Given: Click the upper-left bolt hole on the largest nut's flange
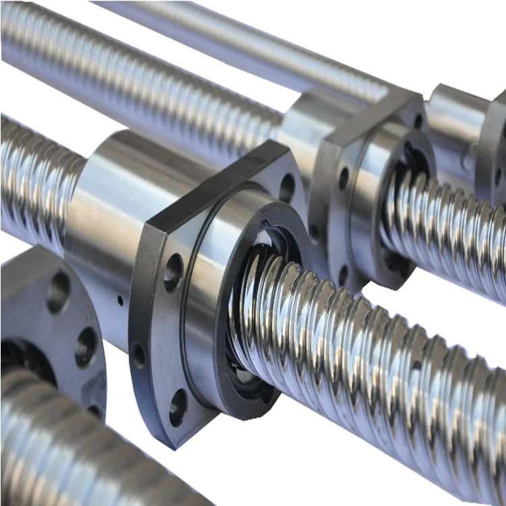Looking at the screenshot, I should [x=173, y=271].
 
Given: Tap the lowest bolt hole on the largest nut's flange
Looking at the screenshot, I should [x=178, y=407].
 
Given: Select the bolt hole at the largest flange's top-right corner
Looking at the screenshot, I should [x=287, y=187].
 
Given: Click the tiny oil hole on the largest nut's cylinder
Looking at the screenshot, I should [x=120, y=298].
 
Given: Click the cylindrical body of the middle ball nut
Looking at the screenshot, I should [x=304, y=128].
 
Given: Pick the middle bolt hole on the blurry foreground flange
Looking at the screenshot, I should [x=86, y=346].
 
